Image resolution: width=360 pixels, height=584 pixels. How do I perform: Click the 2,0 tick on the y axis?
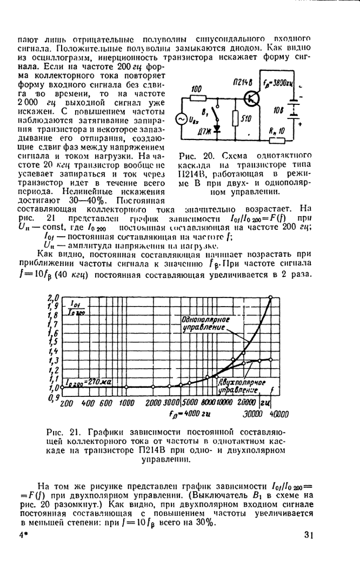pos(52,298)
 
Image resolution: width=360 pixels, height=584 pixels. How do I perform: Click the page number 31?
pos(309,535)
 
